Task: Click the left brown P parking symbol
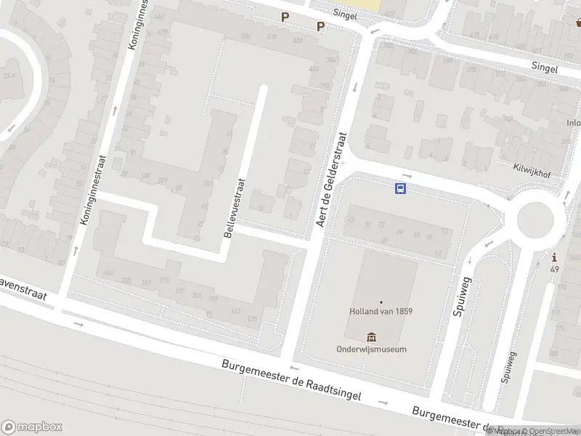[285, 17]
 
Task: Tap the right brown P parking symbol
[320, 27]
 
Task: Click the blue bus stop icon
[400, 189]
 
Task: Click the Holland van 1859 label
[381, 311]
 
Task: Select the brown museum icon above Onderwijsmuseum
[372, 336]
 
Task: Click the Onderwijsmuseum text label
[371, 349]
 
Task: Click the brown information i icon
[555, 257]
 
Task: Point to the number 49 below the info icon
[555, 270]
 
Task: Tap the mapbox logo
[32, 427]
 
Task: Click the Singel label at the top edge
[345, 14]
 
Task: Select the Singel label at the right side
[544, 68]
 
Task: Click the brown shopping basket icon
[578, 23]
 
